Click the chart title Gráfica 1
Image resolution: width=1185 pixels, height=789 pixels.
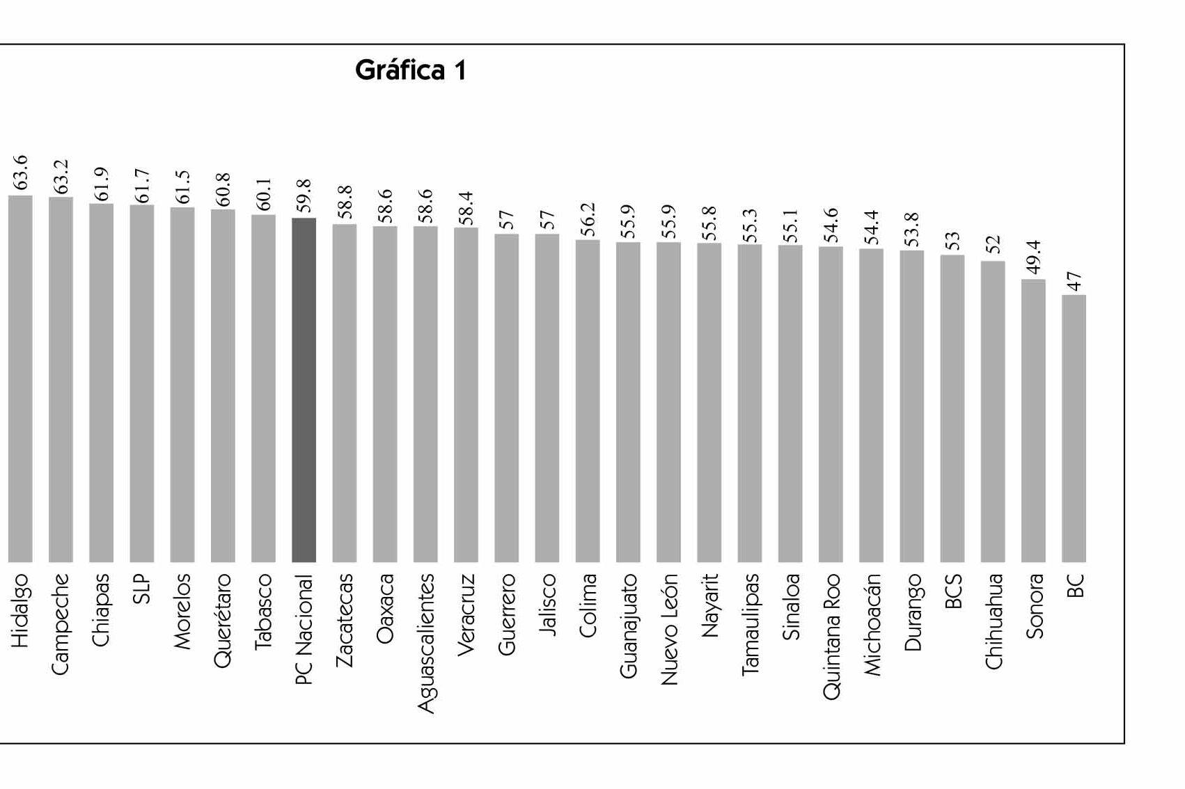pyautogui.click(x=411, y=70)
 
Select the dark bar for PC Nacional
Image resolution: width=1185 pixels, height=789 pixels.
pyautogui.click(x=304, y=390)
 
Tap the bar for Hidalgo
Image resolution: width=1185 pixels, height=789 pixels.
pyautogui.click(x=20, y=379)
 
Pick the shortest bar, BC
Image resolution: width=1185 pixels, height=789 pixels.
pyautogui.click(x=1074, y=429)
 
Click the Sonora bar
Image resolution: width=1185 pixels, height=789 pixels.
pyautogui.click(x=1033, y=421)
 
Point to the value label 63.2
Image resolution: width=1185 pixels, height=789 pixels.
pyautogui.click(x=61, y=177)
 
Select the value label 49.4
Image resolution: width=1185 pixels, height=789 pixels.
pyautogui.click(x=1033, y=257)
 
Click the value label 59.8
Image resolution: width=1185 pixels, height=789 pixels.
pyautogui.click(x=304, y=196)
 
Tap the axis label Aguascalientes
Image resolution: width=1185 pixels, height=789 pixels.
pyautogui.click(x=425, y=643)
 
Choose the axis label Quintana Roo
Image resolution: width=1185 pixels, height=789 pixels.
pyautogui.click(x=831, y=636)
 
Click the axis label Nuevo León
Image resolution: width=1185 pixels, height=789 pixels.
pyautogui.click(x=668, y=629)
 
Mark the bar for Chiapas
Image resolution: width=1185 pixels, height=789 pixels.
pyautogui.click(x=101, y=383)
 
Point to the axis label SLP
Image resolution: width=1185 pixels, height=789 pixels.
pyautogui.click(x=141, y=589)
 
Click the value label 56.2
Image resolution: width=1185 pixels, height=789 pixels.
pyautogui.click(x=588, y=220)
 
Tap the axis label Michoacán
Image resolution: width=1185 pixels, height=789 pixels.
pyautogui.click(x=871, y=624)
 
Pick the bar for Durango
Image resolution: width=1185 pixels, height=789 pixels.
pyautogui.click(x=911, y=406)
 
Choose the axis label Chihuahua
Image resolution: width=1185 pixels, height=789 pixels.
pyautogui.click(x=993, y=621)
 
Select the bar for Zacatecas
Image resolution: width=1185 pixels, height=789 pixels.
pyautogui.click(x=344, y=393)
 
